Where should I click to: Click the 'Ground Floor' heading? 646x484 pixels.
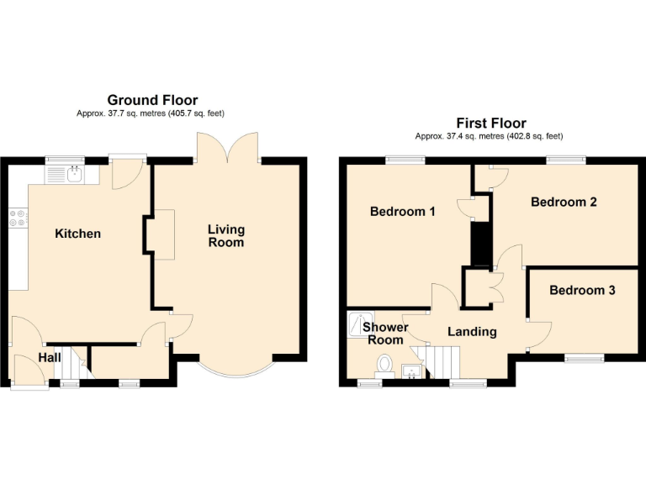click(152, 100)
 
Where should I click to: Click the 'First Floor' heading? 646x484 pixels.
click(490, 124)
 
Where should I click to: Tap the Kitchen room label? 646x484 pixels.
click(78, 234)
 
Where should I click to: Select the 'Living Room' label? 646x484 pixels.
click(227, 236)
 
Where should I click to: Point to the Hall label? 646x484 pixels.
click(49, 358)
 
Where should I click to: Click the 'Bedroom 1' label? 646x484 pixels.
click(402, 212)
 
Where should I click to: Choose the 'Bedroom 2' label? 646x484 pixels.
click(564, 202)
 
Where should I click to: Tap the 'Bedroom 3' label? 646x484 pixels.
click(582, 291)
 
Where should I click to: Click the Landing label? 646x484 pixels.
click(472, 332)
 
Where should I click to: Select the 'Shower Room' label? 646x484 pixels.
click(386, 334)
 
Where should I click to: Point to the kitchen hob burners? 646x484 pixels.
click(17, 218)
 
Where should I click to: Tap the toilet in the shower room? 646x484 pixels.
click(385, 364)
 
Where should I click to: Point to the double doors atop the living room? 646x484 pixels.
click(227, 149)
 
